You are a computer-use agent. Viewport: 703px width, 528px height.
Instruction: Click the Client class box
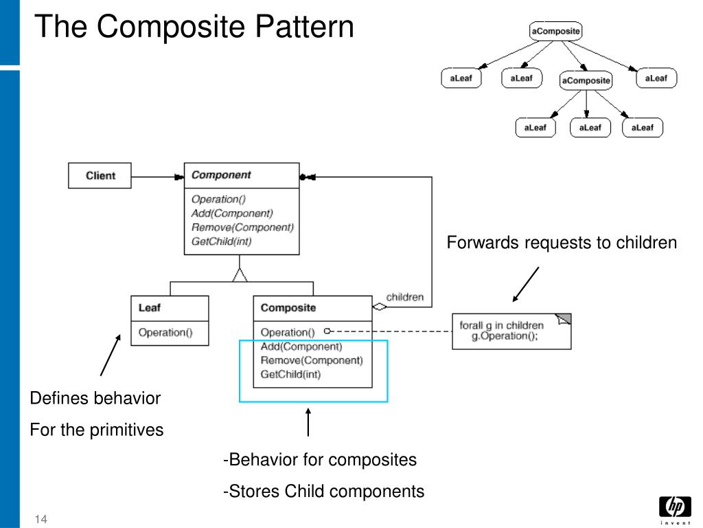tap(100, 175)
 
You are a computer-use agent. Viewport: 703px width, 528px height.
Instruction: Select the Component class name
tap(221, 175)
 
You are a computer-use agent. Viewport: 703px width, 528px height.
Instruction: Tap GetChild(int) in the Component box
tap(222, 241)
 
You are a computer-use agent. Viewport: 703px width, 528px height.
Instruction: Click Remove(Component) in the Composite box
tap(312, 360)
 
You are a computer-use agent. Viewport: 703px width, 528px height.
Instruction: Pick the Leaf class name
tap(149, 307)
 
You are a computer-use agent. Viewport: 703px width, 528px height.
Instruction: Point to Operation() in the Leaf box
tap(165, 332)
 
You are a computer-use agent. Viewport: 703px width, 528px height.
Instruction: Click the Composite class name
tap(288, 307)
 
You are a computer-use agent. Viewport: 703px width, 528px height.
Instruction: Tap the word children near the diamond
tap(405, 297)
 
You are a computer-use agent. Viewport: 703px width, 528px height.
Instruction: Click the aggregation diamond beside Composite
tap(379, 307)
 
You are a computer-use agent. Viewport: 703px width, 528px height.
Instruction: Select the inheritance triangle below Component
tap(240, 275)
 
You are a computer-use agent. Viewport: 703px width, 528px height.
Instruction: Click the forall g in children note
tap(511, 331)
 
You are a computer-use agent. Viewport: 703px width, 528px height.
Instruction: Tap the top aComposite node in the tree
tap(555, 31)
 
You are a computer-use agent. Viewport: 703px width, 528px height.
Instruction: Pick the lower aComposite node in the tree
tap(586, 80)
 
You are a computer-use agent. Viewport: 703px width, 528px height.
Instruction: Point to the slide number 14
tap(41, 519)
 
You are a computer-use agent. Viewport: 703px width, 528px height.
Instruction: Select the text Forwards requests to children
tap(562, 243)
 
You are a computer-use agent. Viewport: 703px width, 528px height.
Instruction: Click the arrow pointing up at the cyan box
tap(308, 422)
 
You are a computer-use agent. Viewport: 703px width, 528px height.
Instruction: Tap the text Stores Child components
tap(326, 491)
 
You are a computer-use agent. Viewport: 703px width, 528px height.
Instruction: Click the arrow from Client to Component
tap(157, 177)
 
